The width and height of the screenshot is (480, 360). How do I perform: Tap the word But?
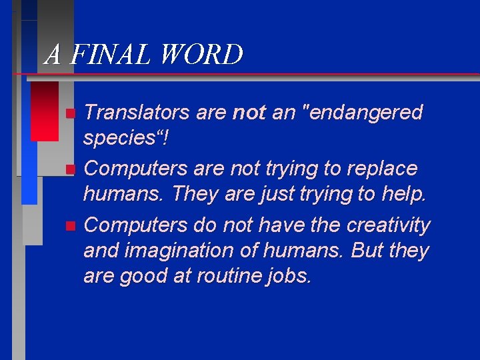click(368, 251)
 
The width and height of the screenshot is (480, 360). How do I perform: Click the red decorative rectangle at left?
click(45, 111)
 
